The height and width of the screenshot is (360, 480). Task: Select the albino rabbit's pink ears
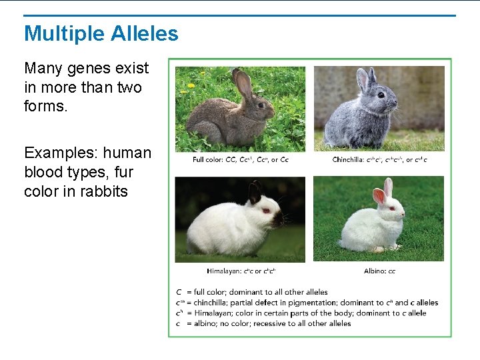tap(383, 191)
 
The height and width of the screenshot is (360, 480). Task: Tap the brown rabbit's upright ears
tap(243, 83)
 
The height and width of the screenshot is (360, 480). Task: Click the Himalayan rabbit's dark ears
tap(255, 193)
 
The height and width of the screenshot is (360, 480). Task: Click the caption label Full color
tap(208, 159)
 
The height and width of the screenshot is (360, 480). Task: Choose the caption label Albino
tap(375, 271)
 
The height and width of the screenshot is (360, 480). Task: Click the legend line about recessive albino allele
tap(263, 323)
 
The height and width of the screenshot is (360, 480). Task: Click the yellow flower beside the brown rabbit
tap(191, 85)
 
